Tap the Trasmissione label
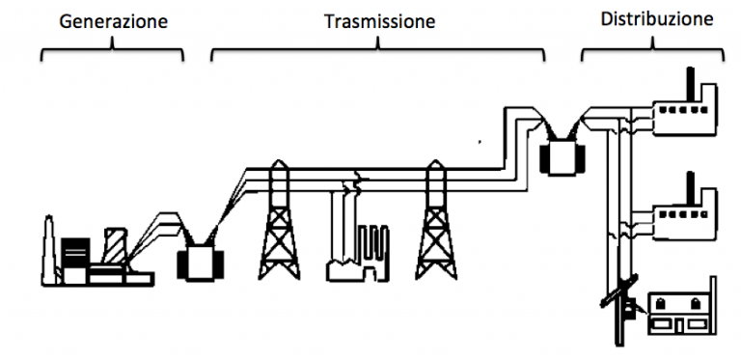point(379,19)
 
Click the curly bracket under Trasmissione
point(378,47)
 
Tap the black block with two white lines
point(74,253)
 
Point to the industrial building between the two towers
point(357,251)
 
